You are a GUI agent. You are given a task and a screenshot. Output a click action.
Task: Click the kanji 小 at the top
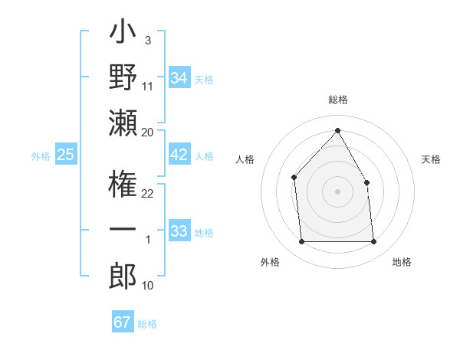[123, 33]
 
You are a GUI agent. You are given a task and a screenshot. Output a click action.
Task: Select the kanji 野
[123, 77]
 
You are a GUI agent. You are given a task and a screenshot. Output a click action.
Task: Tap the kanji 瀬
[123, 123]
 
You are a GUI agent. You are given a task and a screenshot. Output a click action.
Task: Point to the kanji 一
[123, 231]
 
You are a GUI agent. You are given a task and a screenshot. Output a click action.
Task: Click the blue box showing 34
[179, 77]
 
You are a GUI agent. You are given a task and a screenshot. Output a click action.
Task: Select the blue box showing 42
[179, 155]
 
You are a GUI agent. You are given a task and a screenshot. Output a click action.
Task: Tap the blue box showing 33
[179, 231]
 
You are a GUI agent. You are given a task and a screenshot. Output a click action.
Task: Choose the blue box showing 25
[65, 155]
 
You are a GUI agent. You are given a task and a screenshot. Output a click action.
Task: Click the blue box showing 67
[123, 322]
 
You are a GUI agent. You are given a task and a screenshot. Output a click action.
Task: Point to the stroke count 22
[148, 193]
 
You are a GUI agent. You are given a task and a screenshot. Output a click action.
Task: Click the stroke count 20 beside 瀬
[148, 132]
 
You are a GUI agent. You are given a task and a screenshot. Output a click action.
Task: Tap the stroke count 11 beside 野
[148, 86]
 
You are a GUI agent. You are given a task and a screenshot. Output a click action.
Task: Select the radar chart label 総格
[337, 100]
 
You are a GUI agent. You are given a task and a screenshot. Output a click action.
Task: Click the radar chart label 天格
[431, 159]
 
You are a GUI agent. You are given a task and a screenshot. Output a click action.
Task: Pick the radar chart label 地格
[402, 262]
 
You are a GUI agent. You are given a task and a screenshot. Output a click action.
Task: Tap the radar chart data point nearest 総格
[337, 130]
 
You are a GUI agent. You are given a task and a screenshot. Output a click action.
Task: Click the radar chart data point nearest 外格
[301, 242]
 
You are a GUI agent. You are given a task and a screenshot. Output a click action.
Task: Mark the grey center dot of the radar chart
[337, 191]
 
